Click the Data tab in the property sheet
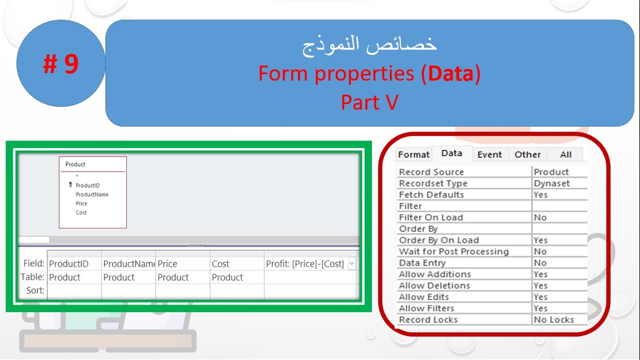click(451, 153)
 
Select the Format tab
click(413, 154)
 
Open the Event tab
click(489, 154)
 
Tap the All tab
click(565, 154)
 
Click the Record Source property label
click(431, 172)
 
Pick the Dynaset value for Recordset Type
click(551, 183)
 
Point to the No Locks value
click(553, 320)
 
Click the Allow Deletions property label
click(434, 286)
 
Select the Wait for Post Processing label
click(453, 251)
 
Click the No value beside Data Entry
click(540, 263)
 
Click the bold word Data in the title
click(450, 74)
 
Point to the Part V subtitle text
click(369, 102)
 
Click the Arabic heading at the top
click(369, 44)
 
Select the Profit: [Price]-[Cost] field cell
click(305, 264)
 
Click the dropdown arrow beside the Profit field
click(352, 263)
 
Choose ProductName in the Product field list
click(92, 194)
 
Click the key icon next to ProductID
click(70, 185)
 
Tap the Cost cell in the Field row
click(220, 264)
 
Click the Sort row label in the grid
click(35, 290)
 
